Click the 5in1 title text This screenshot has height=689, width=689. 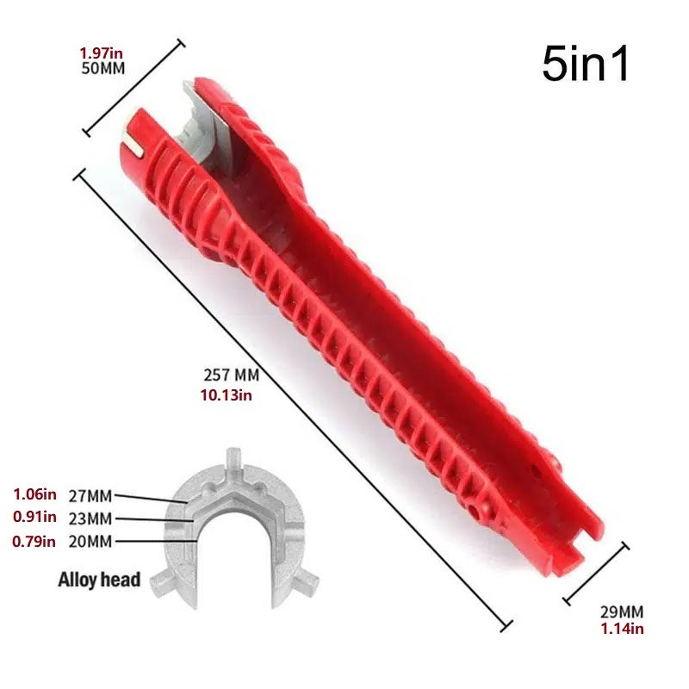tap(586, 64)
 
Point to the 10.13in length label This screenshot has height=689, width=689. tap(227, 394)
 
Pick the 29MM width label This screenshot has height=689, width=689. tap(621, 612)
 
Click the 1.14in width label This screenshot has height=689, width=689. tap(622, 629)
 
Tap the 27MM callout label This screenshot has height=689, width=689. tap(90, 495)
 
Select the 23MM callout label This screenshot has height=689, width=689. tap(90, 518)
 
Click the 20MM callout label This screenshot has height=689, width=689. tap(90, 542)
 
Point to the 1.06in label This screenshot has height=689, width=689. tap(34, 494)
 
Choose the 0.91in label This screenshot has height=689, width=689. tap(34, 518)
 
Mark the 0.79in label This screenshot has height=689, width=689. tap(34, 542)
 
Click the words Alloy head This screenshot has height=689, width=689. tap(99, 580)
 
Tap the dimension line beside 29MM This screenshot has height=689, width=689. tap(596, 573)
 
